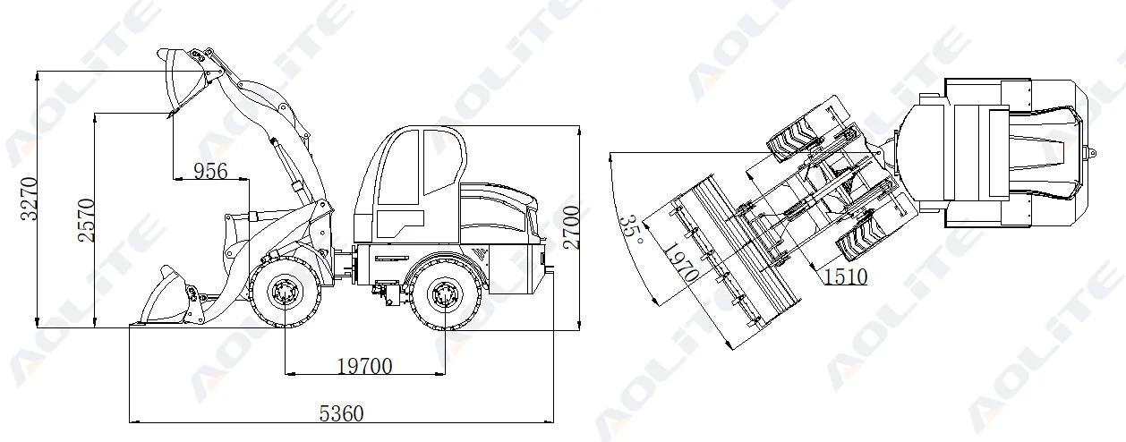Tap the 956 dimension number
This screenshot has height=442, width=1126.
(x=210, y=171)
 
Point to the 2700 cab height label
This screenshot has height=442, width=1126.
(x=572, y=227)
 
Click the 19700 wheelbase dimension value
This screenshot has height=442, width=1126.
(x=364, y=365)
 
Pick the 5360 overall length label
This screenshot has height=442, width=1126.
(x=342, y=413)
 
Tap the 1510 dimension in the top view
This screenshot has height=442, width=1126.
(x=845, y=276)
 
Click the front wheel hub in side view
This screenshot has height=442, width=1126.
(x=286, y=292)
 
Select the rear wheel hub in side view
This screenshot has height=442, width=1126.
(x=444, y=293)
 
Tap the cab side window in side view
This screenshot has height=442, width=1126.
(x=444, y=161)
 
